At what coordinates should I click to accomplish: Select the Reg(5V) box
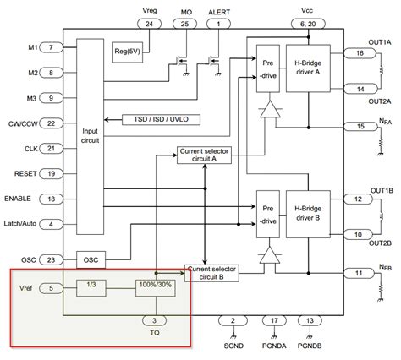tap(128, 53)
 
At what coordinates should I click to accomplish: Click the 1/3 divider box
tap(89, 287)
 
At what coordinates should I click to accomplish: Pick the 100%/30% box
tap(153, 287)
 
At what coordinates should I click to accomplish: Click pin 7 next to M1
tap(52, 47)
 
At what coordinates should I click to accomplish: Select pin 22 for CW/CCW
tap(52, 123)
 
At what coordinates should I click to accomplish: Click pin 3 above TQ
tap(153, 320)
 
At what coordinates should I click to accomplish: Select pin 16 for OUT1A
tap(360, 52)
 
